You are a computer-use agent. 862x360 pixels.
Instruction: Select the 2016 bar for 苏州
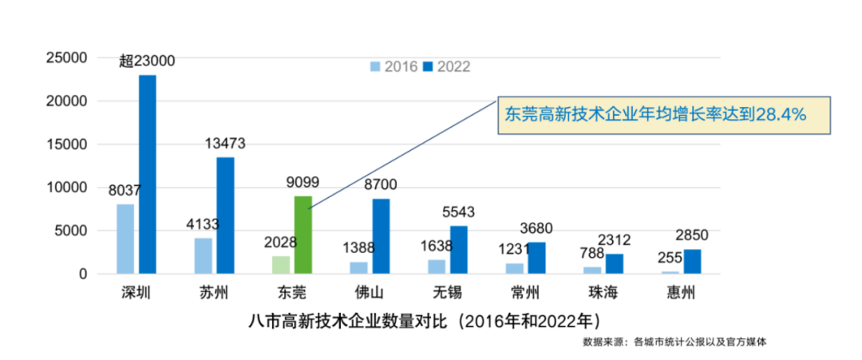[204, 255]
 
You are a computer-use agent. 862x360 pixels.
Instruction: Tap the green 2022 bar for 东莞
[302, 235]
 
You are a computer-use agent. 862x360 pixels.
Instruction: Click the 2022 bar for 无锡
[458, 249]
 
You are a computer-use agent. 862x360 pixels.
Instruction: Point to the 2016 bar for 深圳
[125, 239]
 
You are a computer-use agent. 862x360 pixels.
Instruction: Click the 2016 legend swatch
[375, 66]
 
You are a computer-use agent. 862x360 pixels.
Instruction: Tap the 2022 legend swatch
[427, 66]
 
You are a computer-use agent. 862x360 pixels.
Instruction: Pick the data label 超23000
[147, 61]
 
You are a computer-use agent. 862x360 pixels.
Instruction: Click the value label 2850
[691, 235]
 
